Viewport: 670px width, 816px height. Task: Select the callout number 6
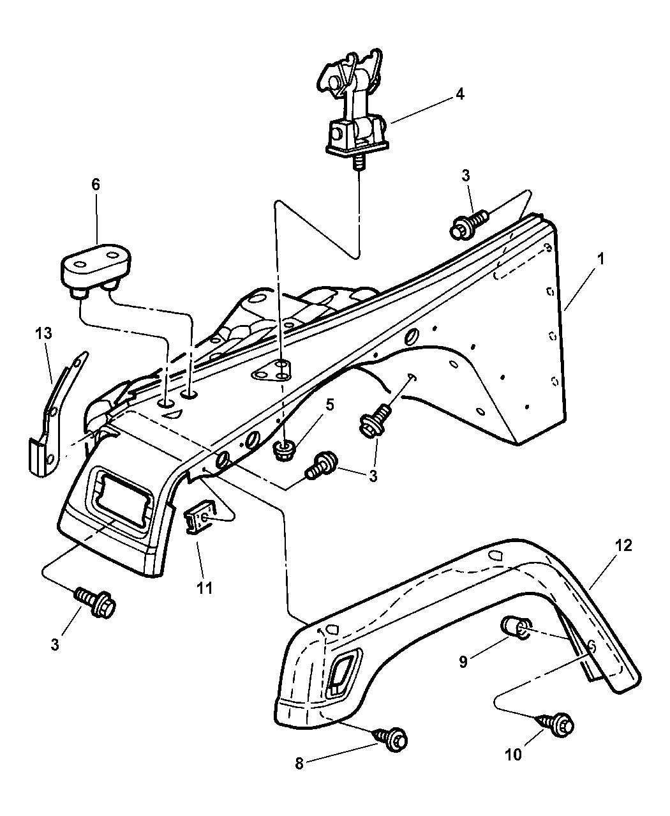point(96,185)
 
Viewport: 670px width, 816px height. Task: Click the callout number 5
point(330,404)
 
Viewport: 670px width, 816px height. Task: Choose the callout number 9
point(464,661)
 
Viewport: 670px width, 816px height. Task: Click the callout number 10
point(513,754)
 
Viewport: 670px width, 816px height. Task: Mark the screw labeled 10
point(556,724)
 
